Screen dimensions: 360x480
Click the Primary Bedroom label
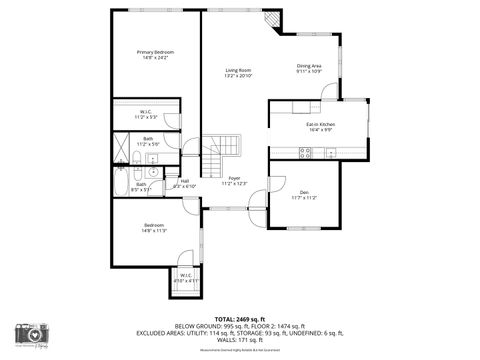[x=155, y=55]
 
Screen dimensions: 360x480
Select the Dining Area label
[x=309, y=68]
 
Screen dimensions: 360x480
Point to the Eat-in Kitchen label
[x=321, y=126]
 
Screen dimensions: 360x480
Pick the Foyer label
[x=234, y=180]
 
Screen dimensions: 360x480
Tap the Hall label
[x=185, y=183]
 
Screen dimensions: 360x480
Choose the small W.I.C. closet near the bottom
[x=187, y=279]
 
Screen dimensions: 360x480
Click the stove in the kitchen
[x=307, y=152]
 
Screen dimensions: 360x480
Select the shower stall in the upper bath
[x=121, y=156]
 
